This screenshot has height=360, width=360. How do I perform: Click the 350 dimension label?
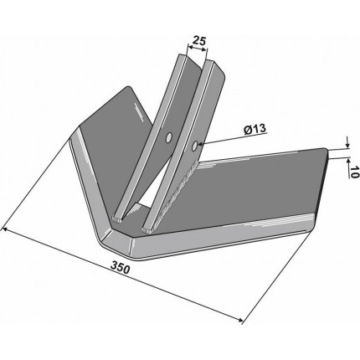(121, 268)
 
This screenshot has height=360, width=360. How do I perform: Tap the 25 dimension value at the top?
(199, 41)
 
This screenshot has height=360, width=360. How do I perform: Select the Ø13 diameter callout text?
(255, 129)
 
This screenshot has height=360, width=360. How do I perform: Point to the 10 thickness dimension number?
(353, 172)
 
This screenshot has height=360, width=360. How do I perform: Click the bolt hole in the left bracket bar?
(168, 138)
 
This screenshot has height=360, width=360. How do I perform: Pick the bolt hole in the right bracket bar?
(195, 146)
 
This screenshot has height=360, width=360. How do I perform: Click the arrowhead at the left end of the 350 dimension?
(5, 229)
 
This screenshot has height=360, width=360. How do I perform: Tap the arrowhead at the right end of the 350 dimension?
(240, 321)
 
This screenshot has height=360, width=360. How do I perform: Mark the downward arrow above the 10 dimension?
(347, 142)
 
